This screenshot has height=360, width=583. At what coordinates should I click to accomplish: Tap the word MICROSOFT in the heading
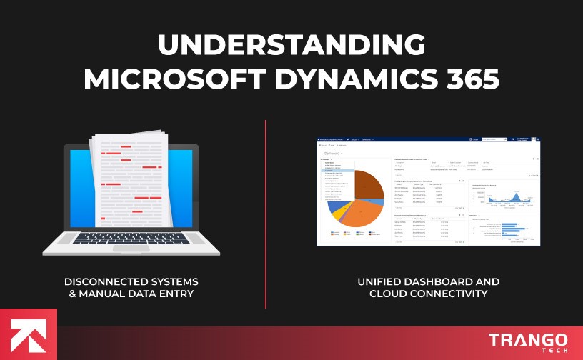pyautogui.click(x=171, y=79)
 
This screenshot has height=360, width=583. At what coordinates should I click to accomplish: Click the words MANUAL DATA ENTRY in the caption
pyautogui.click(x=147, y=294)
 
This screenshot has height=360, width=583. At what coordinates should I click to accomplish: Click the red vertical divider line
pyautogui.click(x=266, y=214)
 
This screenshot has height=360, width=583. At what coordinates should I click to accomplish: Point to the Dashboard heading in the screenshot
pyautogui.click(x=334, y=154)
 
